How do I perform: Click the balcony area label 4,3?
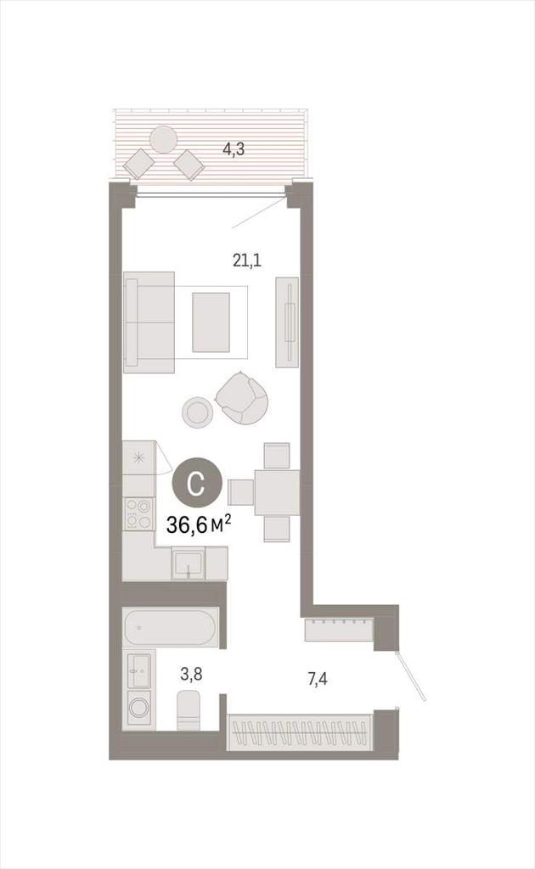tap(234, 149)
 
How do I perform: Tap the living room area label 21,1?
tap(247, 260)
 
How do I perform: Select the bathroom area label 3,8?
tap(191, 674)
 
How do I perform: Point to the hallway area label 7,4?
tap(317, 678)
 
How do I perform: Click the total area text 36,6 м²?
tap(199, 524)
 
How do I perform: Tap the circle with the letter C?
tap(197, 484)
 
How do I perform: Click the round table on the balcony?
tap(164, 140)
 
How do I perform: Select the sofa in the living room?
tap(149, 322)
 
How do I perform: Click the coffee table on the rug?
tap(211, 322)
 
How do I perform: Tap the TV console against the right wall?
tap(287, 322)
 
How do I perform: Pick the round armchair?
tap(242, 397)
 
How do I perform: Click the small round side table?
tap(197, 412)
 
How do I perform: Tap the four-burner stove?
tap(138, 513)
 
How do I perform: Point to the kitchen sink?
tap(188, 563)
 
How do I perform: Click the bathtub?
tap(170, 627)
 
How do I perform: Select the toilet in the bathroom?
tap(189, 710)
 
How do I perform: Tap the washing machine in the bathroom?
tap(138, 709)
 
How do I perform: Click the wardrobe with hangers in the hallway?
tap(300, 732)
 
